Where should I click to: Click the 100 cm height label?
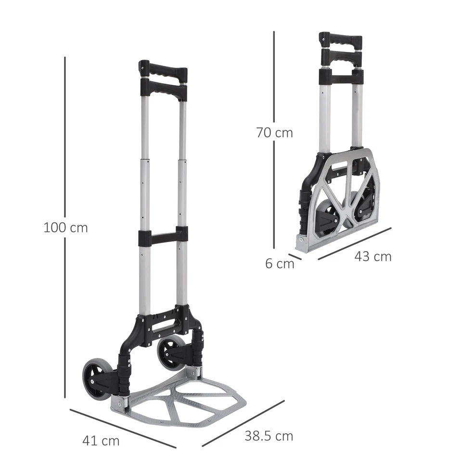click(65, 227)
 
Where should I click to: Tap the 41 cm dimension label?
click(101, 440)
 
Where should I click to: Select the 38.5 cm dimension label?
click(269, 436)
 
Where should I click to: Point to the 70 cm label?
click(274, 132)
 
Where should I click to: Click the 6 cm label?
click(280, 264)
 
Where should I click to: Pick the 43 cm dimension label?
click(373, 257)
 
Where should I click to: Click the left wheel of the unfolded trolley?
click(96, 379)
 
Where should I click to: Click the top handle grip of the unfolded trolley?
click(163, 72)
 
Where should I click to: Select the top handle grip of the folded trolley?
click(341, 40)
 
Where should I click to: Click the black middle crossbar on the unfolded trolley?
click(163, 236)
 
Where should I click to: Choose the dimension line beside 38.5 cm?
click(243, 423)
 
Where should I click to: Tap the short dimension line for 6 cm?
click(295, 257)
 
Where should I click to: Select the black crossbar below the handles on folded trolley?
click(341, 77)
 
